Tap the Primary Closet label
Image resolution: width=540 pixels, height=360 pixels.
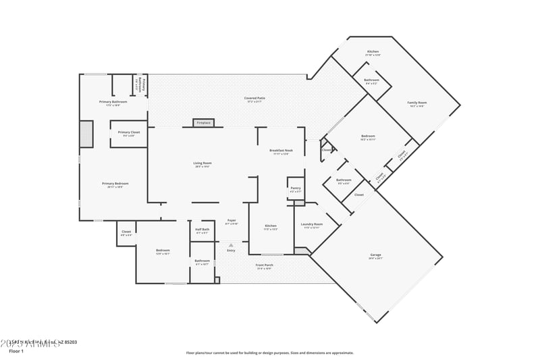[128, 132]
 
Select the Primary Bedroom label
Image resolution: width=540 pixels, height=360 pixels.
[115, 184]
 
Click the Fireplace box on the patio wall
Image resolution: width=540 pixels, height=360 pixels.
[204, 122]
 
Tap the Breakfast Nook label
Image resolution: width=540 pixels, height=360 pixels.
[281, 151]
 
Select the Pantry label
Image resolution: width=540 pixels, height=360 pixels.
[295, 188]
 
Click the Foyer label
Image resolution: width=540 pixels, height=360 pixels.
[231, 220]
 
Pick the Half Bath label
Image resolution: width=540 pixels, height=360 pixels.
[202, 230]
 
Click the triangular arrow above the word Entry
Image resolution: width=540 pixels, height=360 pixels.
[231, 245]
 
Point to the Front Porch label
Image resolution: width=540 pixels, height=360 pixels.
[264, 265]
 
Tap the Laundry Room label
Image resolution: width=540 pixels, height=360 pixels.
[311, 224]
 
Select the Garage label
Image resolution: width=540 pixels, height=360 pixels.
[375, 255]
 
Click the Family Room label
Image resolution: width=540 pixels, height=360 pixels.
[416, 103]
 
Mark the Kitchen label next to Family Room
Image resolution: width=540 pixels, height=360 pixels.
[373, 52]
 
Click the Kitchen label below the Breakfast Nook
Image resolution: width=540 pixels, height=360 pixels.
[270, 226]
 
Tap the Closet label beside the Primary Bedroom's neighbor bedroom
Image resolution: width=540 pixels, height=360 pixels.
[126, 232]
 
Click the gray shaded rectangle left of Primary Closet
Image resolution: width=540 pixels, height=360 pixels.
[86, 134]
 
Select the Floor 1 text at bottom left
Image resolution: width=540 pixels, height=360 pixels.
[16, 351]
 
